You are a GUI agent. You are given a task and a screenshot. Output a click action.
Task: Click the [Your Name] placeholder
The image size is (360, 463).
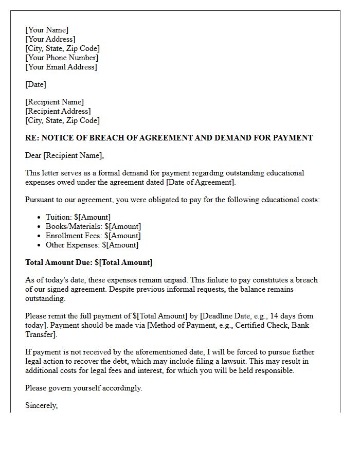[47, 30]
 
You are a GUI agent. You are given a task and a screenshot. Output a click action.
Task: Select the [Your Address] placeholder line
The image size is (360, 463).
[50, 39]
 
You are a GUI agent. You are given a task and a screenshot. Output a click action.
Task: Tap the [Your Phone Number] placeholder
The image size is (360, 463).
[62, 58]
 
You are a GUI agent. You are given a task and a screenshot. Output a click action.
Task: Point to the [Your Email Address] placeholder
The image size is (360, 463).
[61, 67]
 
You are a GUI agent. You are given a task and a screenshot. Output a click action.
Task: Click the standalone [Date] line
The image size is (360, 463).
[36, 84]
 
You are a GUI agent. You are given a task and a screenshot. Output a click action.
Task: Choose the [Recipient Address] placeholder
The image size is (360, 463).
[58, 111]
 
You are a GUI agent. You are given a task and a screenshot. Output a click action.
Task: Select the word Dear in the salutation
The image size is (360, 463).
[33, 155]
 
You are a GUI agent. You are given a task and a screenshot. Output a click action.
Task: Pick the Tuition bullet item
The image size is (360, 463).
[78, 217]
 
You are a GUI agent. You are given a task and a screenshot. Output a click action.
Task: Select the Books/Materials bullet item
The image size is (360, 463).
[93, 226]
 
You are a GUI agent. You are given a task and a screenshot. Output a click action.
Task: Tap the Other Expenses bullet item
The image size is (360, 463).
[92, 245]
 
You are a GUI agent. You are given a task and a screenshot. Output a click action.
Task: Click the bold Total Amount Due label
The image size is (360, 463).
[59, 262]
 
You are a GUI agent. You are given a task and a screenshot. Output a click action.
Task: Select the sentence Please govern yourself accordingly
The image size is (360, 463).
[84, 388]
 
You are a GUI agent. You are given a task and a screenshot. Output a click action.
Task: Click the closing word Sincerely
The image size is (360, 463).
[41, 405]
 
